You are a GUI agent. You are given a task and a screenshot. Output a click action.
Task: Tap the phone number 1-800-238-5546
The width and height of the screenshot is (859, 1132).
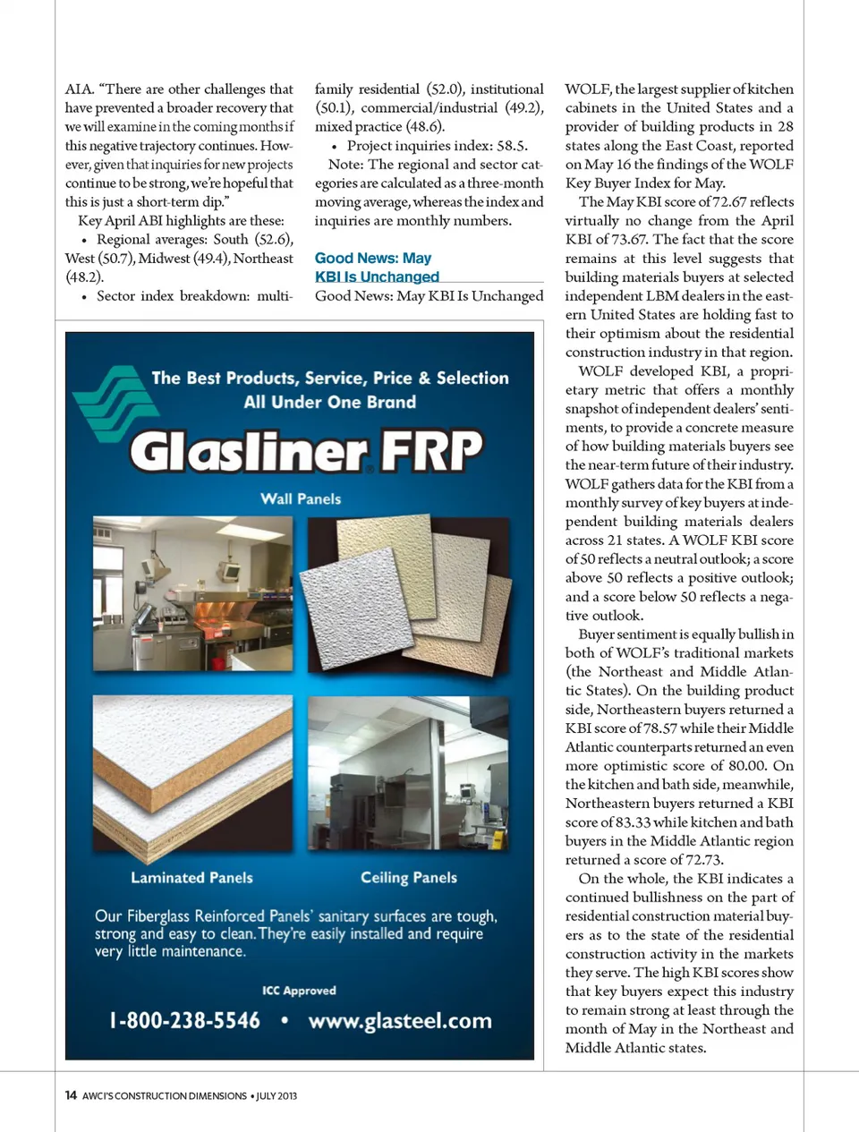point(184,1020)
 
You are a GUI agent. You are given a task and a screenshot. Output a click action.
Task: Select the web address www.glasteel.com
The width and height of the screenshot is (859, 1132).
point(400,1021)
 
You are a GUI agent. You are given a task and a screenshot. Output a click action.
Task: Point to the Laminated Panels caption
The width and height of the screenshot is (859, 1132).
point(191,878)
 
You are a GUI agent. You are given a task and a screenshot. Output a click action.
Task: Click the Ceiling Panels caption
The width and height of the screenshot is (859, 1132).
point(409,878)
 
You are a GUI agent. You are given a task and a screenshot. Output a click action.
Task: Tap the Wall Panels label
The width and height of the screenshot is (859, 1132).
point(301,499)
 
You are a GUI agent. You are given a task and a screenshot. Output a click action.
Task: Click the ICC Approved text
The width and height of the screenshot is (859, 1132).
point(299,991)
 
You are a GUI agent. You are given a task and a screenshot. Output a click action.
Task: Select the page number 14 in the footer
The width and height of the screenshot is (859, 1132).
point(71,1095)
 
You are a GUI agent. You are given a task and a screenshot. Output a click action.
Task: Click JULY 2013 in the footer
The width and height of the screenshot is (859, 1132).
point(276,1096)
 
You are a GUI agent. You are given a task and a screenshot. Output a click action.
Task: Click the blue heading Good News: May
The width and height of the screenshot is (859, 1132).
point(373,259)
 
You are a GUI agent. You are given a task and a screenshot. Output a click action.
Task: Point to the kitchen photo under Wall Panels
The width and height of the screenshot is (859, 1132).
point(192,593)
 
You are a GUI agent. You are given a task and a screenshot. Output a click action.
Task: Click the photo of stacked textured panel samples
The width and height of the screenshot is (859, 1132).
point(408,593)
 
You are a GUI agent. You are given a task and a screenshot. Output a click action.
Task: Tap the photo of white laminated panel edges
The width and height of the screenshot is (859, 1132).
point(192,773)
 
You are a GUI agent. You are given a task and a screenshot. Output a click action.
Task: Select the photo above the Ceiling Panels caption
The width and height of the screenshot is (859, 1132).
point(408,773)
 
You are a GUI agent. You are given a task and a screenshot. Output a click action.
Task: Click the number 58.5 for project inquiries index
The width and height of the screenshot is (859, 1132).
point(511,146)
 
